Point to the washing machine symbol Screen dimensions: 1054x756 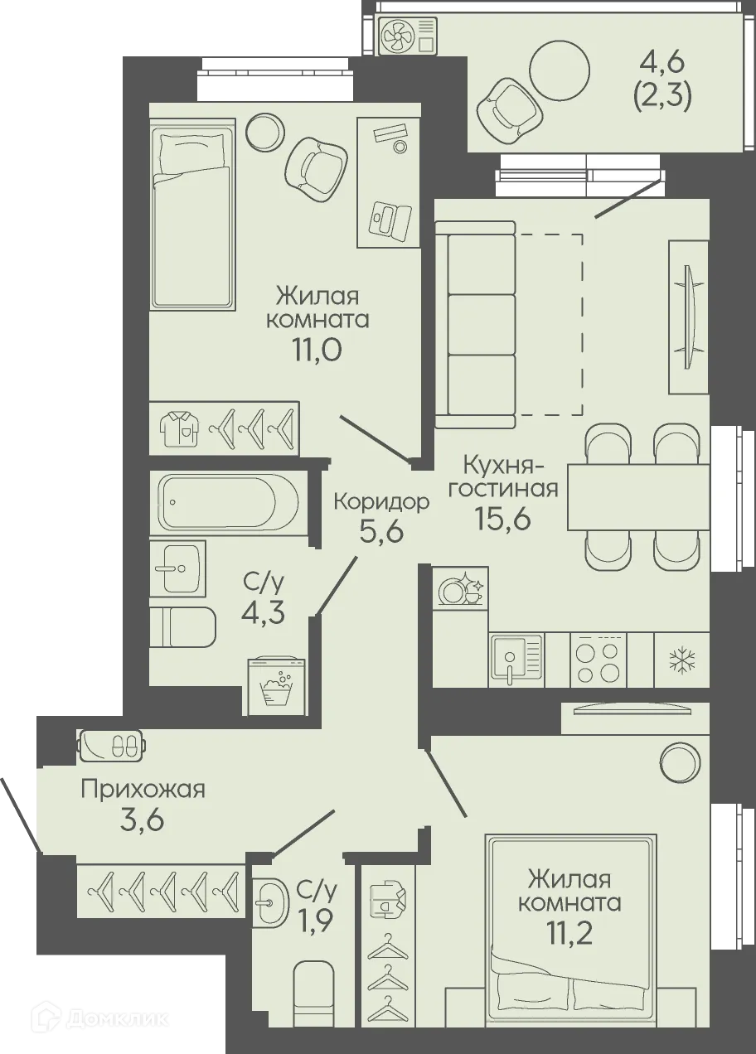coord(277,685)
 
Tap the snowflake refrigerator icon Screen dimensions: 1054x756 coord(682,660)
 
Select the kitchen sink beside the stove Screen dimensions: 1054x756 coord(516,659)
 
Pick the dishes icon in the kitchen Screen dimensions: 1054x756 coord(461,589)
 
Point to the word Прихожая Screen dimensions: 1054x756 coord(143,789)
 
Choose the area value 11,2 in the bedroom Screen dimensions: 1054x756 coord(570,934)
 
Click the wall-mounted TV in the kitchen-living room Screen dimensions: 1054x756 coord(687,316)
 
